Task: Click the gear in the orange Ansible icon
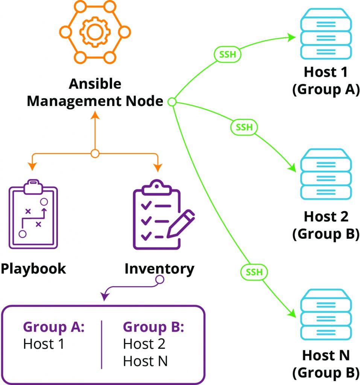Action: pyautogui.click(x=95, y=32)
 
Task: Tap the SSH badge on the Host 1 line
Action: pyautogui.click(x=227, y=54)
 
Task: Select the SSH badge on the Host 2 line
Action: pyautogui.click(x=244, y=127)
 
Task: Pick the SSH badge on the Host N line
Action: pyautogui.click(x=254, y=272)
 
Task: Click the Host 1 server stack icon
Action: pyautogui.click(x=326, y=34)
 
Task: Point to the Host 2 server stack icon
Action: pyautogui.click(x=326, y=174)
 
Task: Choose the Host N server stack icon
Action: pyautogui.click(x=326, y=314)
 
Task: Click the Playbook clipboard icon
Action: pyautogui.click(x=33, y=214)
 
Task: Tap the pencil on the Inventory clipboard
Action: pyautogui.click(x=181, y=224)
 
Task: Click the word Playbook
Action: pyautogui.click(x=33, y=268)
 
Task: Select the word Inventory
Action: pyautogui.click(x=159, y=269)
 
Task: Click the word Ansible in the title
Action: pyautogui.click(x=95, y=84)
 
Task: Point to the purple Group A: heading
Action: pyautogui.click(x=54, y=327)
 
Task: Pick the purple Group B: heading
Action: pyautogui.click(x=153, y=327)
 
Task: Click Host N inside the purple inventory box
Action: pyautogui.click(x=145, y=361)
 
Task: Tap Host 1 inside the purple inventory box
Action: pyautogui.click(x=44, y=344)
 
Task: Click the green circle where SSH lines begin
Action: pyautogui.click(x=172, y=102)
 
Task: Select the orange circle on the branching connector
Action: pyautogui.click(x=95, y=154)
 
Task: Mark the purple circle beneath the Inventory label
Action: pyautogui.click(x=160, y=279)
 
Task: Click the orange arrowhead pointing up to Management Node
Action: pyautogui.click(x=95, y=115)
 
